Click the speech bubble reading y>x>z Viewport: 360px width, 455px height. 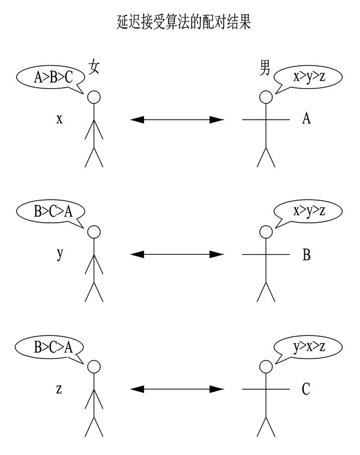[x=309, y=347]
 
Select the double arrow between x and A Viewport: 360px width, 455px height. [x=177, y=120]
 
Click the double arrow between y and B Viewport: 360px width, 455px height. [x=177, y=255]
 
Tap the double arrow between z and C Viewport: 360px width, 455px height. [x=177, y=389]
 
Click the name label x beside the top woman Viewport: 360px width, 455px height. [x=59, y=119]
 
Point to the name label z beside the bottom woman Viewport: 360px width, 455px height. [x=59, y=389]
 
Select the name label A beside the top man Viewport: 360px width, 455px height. [x=306, y=119]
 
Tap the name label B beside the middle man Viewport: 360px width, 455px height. [x=306, y=255]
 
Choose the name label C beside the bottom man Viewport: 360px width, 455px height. [x=306, y=389]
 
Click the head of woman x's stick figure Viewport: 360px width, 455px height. [x=94, y=97]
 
